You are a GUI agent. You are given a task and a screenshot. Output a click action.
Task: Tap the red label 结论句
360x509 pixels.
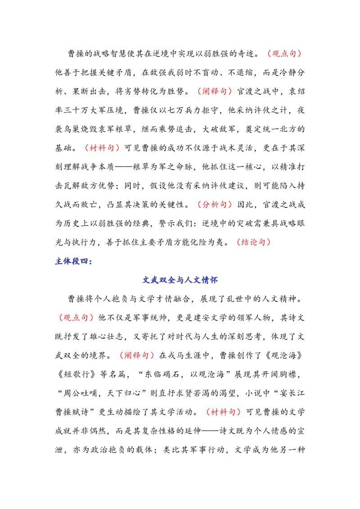coord(253,242)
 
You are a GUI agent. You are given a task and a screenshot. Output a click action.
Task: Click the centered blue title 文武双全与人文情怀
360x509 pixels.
coord(180,280)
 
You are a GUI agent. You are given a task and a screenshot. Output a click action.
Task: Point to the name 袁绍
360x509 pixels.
coord(297,92)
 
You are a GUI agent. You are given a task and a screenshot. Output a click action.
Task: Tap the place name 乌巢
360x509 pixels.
coord(72,129)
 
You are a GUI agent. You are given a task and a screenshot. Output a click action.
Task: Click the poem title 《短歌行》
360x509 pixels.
coord(77,375)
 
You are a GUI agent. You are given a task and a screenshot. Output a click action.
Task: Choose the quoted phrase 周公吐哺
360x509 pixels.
coord(80,393)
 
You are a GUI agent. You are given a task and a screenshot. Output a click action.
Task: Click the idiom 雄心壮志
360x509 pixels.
coord(107,337)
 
